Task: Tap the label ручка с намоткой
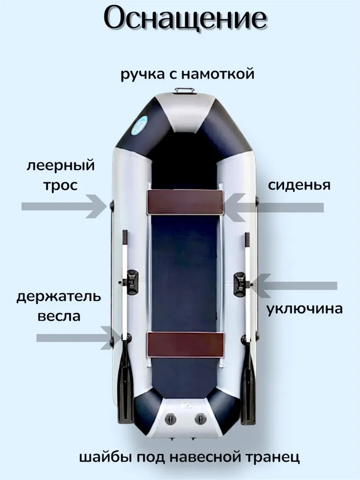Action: [x=187, y=74]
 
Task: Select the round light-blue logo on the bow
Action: [x=140, y=125]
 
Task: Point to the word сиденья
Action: [x=299, y=186]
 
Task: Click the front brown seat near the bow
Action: [x=185, y=202]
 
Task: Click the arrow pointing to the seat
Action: [x=272, y=207]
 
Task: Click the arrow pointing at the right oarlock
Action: [x=294, y=286]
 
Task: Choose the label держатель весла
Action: [x=59, y=306]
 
